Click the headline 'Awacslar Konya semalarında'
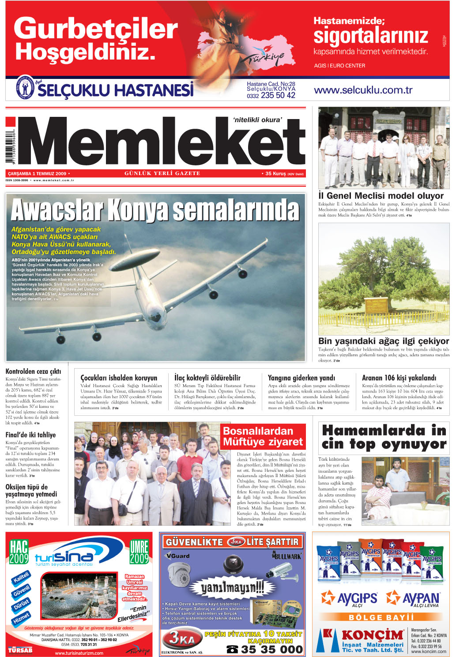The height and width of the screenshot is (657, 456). point(155,210)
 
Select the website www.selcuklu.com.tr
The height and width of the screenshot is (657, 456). point(363,90)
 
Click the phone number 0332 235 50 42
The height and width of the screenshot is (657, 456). point(271,95)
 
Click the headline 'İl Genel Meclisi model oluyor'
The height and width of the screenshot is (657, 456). point(381,196)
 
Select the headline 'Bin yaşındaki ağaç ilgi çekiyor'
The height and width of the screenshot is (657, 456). point(383,341)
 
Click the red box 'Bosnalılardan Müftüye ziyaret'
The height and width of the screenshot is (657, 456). point(263,436)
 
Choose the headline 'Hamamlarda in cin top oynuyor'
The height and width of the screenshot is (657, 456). point(384,437)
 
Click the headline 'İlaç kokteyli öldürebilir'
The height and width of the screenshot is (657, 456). point(207,378)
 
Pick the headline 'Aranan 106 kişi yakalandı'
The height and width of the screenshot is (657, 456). point(399,378)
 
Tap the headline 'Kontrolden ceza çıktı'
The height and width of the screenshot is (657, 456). point(33,372)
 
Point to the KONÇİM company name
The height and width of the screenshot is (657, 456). point(372,635)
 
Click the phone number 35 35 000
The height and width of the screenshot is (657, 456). point(271,650)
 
